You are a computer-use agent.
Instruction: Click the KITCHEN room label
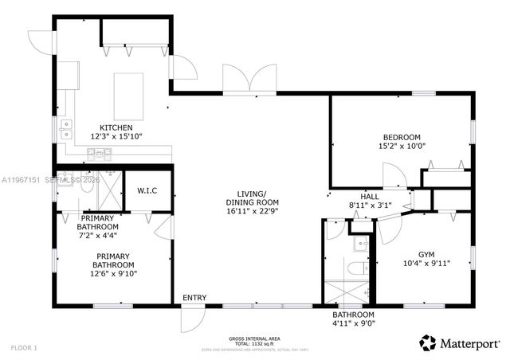[116, 128]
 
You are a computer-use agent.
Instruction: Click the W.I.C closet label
[147, 190]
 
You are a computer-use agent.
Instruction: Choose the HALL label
[370, 196]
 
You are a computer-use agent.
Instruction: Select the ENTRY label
[194, 298]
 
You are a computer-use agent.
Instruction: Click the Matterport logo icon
[428, 342]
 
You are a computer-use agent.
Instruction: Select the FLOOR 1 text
[23, 348]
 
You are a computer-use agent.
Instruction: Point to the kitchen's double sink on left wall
[65, 128]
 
